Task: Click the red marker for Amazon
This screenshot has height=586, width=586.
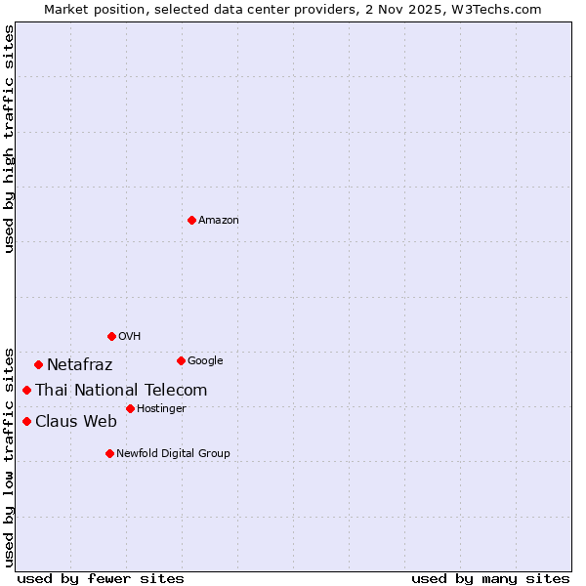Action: [191, 220]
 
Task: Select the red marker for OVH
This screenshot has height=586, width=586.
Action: [111, 336]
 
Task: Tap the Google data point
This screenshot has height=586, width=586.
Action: [181, 360]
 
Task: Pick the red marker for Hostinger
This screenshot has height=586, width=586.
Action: [130, 408]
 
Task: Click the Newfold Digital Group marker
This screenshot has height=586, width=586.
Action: [109, 453]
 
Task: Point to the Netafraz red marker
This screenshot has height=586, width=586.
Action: [38, 364]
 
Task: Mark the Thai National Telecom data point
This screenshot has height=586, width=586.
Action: [26, 390]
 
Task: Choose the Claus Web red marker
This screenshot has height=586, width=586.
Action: [26, 421]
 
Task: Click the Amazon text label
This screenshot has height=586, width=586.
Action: [219, 221]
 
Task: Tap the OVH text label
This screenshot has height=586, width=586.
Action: [130, 337]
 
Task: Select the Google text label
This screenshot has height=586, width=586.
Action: [205, 361]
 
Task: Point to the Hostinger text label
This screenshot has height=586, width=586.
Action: [161, 409]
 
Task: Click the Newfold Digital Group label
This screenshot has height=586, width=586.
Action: [173, 454]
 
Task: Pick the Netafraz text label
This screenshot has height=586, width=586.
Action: [79, 365]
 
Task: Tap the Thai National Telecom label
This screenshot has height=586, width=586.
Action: [121, 391]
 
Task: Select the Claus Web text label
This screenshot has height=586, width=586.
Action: [75, 422]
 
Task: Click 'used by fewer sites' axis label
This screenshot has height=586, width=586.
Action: [101, 578]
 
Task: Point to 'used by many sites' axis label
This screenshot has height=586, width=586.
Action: [490, 578]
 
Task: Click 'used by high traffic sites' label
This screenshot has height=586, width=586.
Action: [9, 139]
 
